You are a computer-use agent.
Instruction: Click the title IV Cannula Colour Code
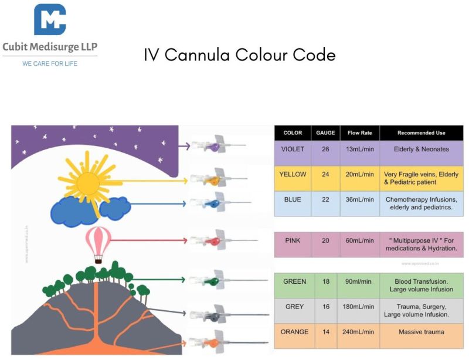click(x=240, y=55)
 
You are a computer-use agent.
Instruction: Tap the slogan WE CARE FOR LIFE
click(x=50, y=63)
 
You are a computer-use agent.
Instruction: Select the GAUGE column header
click(x=325, y=133)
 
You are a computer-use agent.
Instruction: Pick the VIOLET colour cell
click(x=293, y=150)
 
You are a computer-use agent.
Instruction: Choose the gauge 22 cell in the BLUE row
click(x=325, y=200)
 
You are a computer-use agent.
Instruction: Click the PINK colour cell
click(x=293, y=240)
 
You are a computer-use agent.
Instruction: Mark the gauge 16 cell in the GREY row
click(x=325, y=307)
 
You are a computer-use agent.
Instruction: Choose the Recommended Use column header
click(x=421, y=133)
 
